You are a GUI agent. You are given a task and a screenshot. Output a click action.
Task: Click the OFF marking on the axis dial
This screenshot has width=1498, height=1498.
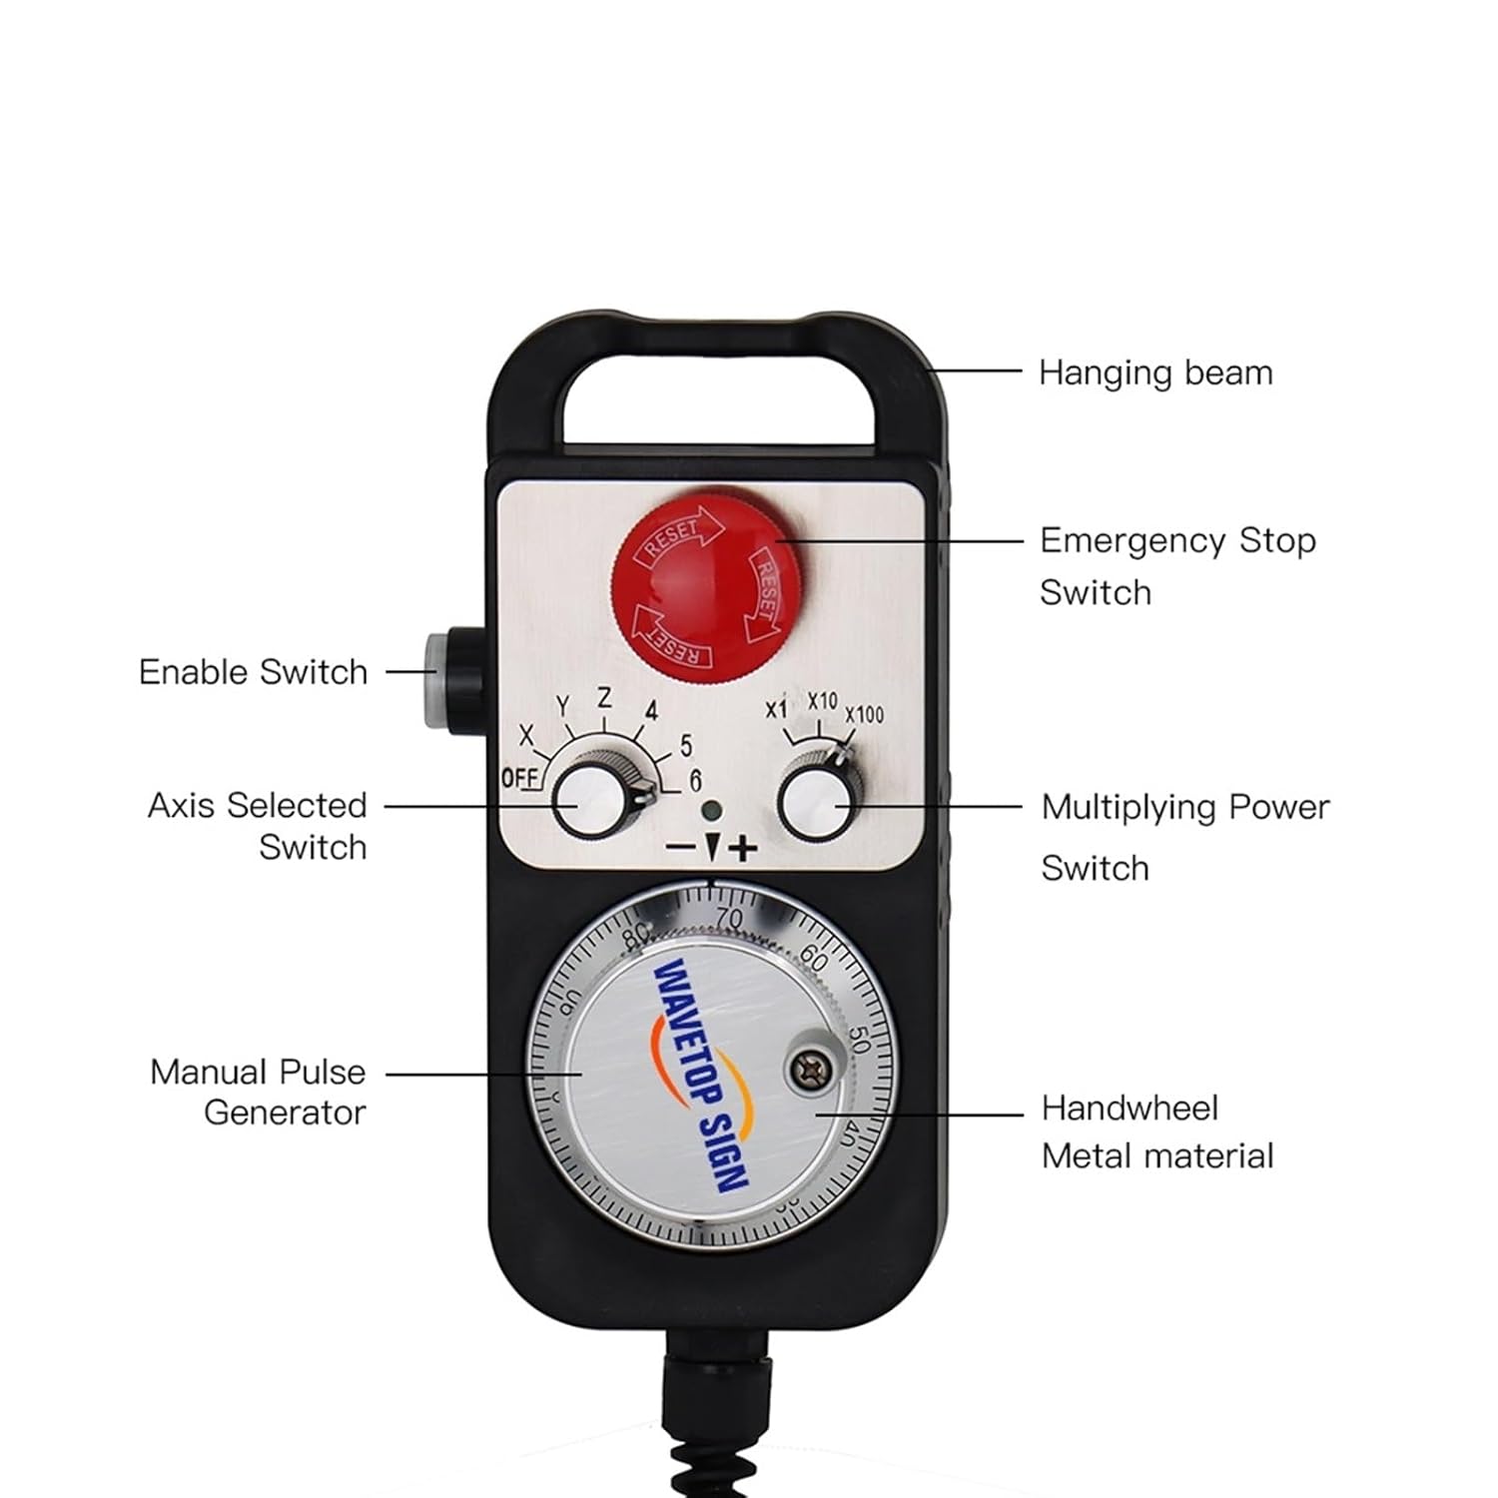point(518,778)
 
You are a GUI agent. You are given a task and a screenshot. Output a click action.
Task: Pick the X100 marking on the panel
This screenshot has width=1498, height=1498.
point(864,715)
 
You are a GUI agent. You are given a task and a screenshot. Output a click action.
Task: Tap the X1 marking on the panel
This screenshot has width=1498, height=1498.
point(776,709)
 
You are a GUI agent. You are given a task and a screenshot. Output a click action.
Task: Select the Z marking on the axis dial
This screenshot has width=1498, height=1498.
point(604,698)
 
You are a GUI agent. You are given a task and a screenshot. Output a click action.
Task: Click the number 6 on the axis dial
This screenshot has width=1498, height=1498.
point(695,780)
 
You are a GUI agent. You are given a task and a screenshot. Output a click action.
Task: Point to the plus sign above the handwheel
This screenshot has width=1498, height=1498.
point(743,850)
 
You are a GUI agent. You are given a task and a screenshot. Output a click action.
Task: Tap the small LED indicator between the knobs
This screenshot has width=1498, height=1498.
point(710,811)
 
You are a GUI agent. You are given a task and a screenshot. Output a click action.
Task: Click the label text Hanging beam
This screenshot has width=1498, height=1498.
point(1155,374)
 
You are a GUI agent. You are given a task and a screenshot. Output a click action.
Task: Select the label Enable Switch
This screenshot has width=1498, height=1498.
point(253,672)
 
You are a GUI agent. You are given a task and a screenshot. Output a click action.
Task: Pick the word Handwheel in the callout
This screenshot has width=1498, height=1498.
point(1129,1108)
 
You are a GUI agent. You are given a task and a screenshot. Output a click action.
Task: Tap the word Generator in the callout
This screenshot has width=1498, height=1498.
point(285,1113)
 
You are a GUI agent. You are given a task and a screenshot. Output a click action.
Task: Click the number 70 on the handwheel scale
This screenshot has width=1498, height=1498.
point(729,918)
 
